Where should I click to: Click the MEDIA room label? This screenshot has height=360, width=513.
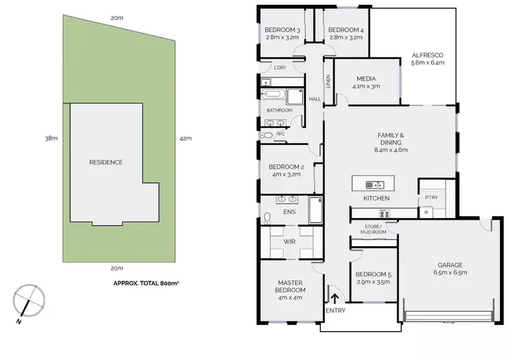[366, 81]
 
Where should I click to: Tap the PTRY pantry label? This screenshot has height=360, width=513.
[431, 197]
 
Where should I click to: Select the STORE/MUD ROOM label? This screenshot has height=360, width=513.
[373, 229]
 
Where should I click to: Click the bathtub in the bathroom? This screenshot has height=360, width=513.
[274, 94]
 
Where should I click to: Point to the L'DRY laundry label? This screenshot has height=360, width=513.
[280, 67]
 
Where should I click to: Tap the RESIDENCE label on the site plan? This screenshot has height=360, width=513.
[106, 162]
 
